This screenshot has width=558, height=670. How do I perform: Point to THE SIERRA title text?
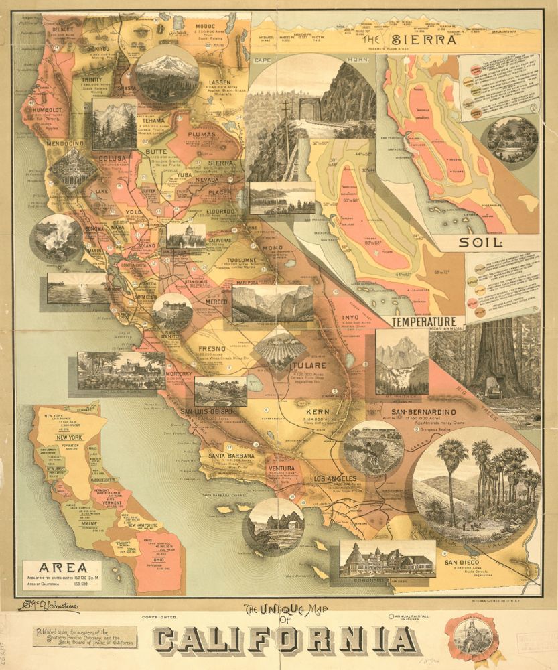click(410, 40)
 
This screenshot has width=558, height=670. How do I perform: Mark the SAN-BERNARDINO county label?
click(423, 411)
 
